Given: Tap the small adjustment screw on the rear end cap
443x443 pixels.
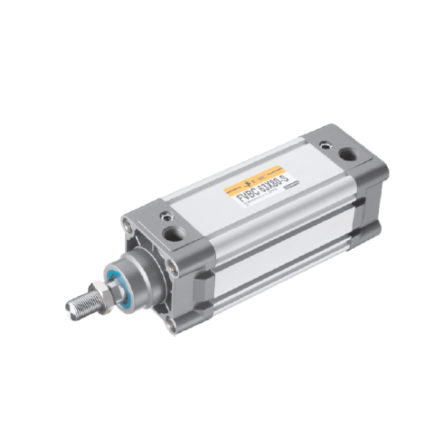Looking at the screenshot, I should click(323, 146).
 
